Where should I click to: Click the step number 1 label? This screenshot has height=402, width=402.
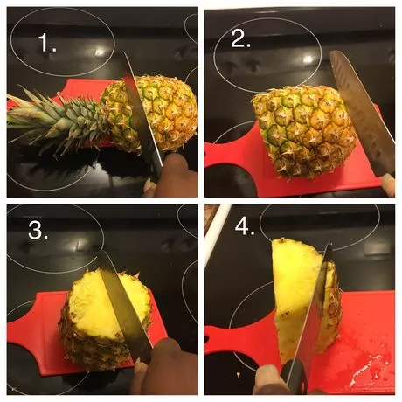pyautogui.click(x=47, y=43)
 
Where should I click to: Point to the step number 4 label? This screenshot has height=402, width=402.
pyautogui.click(x=245, y=226)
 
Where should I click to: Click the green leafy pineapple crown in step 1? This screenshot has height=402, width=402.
pyautogui.click(x=55, y=120)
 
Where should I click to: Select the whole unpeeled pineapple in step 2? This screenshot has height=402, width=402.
pyautogui.click(x=304, y=131)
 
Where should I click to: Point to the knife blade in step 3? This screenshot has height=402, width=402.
pyautogui.click(x=124, y=306)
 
